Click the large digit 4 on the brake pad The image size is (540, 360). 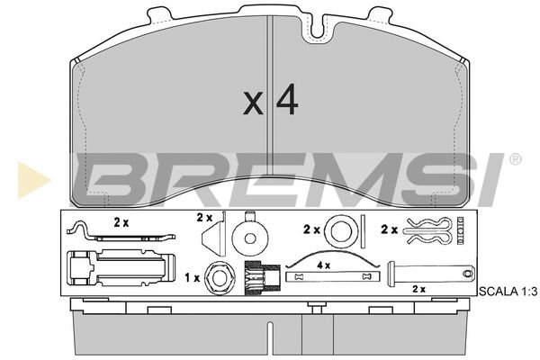(x=287, y=99)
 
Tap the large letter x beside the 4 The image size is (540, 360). (x=253, y=103)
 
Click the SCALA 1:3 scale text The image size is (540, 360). (x=508, y=292)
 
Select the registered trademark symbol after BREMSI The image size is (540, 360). (x=515, y=159)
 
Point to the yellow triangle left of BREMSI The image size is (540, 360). (x=32, y=180)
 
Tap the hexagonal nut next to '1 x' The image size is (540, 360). (x=220, y=277)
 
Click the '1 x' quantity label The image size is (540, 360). (x=193, y=278)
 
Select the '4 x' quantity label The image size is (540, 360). (x=323, y=265)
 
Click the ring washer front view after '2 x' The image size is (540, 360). (x=341, y=230)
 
